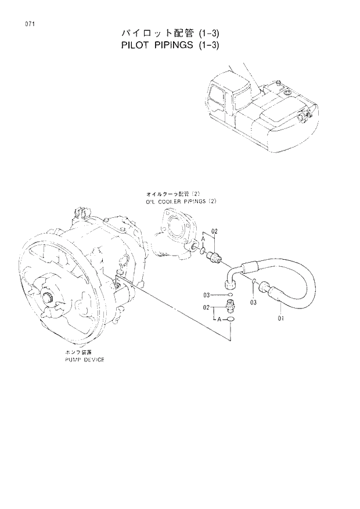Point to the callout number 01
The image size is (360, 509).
tap(280, 318)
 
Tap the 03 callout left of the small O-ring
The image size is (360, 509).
tap(207, 296)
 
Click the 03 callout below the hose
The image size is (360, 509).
tap(253, 302)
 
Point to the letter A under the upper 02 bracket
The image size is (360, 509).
tap(204, 239)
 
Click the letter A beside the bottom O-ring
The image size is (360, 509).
tap(218, 319)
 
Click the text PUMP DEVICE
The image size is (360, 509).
tap(85, 360)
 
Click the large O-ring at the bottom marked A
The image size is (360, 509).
tap(231, 319)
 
